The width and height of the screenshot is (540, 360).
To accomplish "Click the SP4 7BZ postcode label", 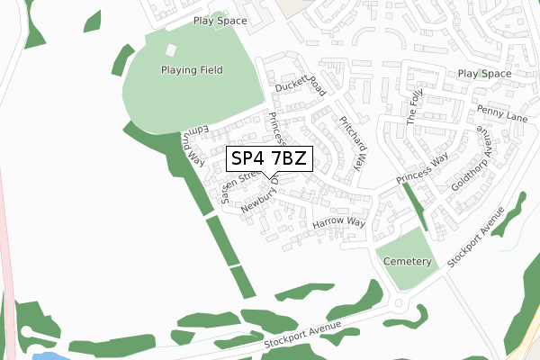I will click(x=269, y=159).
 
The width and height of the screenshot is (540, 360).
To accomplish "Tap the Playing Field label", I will click(x=191, y=70).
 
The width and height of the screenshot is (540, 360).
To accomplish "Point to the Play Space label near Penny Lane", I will click(x=484, y=74).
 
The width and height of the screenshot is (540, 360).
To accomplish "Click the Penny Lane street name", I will click(x=502, y=112).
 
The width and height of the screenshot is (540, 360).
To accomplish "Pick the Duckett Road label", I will click(x=299, y=84).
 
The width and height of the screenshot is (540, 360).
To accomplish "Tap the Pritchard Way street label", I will click(x=351, y=142).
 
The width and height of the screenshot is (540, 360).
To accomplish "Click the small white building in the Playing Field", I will click(x=171, y=50).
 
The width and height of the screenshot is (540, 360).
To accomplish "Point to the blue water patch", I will click(x=49, y=355).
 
